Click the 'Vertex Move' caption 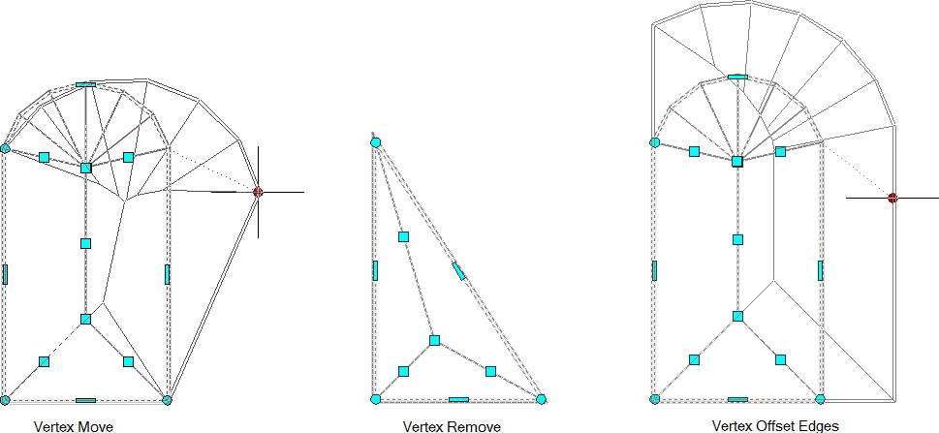click(x=74, y=426)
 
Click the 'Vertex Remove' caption click(x=452, y=426)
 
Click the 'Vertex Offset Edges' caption click(x=775, y=426)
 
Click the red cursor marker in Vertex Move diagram click(x=258, y=192)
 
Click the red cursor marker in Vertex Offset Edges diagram click(x=892, y=198)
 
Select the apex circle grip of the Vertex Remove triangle click(x=375, y=142)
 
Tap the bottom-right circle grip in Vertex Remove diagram click(x=541, y=399)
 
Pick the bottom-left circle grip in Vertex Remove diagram click(x=375, y=399)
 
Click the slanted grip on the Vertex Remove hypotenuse click(x=458, y=271)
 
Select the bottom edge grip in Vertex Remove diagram click(x=458, y=399)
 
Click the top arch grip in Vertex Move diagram click(x=85, y=84)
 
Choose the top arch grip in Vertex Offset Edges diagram click(x=737, y=77)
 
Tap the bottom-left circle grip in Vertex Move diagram click(x=6, y=399)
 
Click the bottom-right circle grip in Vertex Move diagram click(x=167, y=399)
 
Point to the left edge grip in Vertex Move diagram click(x=5, y=274)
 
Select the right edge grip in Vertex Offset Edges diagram click(x=821, y=270)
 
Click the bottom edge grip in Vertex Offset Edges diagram click(x=737, y=399)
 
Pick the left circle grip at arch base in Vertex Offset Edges click(x=654, y=142)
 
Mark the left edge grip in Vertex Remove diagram click(x=375, y=270)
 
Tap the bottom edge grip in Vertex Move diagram click(x=85, y=400)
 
